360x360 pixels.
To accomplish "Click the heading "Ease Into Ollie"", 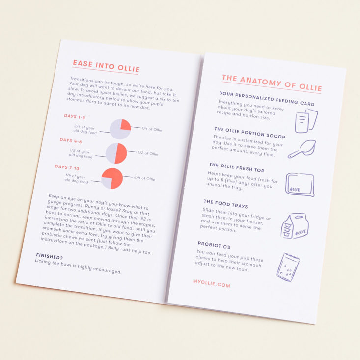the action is click(106, 66).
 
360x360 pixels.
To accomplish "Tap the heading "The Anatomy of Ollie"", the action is click(272, 83).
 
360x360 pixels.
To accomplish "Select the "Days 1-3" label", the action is click(74, 116).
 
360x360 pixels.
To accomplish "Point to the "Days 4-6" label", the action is click(71, 141).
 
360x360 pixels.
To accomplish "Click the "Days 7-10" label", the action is click(67, 167).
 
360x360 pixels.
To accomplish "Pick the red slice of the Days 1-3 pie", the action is click(125, 125).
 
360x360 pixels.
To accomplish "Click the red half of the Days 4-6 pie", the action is click(121, 153).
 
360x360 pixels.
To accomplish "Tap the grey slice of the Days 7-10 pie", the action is click(107, 183).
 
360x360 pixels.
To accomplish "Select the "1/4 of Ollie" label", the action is click(152, 129).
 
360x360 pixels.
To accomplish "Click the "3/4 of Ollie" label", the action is click(144, 178).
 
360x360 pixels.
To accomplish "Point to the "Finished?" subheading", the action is click(50, 256).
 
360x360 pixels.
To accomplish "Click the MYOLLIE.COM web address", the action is click(212, 283).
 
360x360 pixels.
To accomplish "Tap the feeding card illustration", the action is click(306, 120).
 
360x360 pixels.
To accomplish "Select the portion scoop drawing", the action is click(302, 148).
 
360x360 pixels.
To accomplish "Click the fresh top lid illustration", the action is click(300, 185).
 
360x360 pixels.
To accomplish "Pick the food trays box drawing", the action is click(295, 226).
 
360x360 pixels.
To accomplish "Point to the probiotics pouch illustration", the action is click(288, 267).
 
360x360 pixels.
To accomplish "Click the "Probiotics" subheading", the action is click(214, 245).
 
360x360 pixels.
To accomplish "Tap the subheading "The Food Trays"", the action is click(226, 204).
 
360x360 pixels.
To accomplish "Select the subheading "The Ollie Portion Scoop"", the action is click(250, 133).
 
